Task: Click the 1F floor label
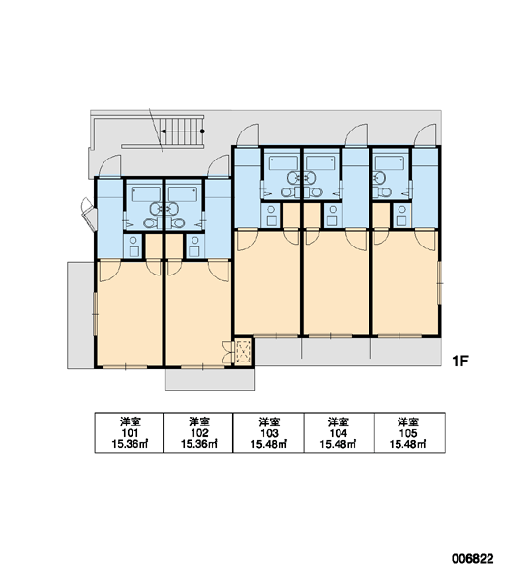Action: (460, 361)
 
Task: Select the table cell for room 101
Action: (130, 433)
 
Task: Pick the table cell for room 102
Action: (198, 433)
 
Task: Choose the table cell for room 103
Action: (268, 433)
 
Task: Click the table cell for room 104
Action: (340, 433)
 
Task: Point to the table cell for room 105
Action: (410, 433)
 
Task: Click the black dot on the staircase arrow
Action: (202, 130)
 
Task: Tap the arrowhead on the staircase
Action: (163, 130)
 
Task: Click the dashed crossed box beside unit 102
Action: (243, 352)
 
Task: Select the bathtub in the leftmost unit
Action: (145, 194)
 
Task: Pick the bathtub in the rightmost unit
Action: (390, 162)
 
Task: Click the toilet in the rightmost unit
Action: (383, 192)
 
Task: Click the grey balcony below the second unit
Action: (210, 379)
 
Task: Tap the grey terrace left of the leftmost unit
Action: (80, 315)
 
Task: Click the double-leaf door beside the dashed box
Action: (227, 352)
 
